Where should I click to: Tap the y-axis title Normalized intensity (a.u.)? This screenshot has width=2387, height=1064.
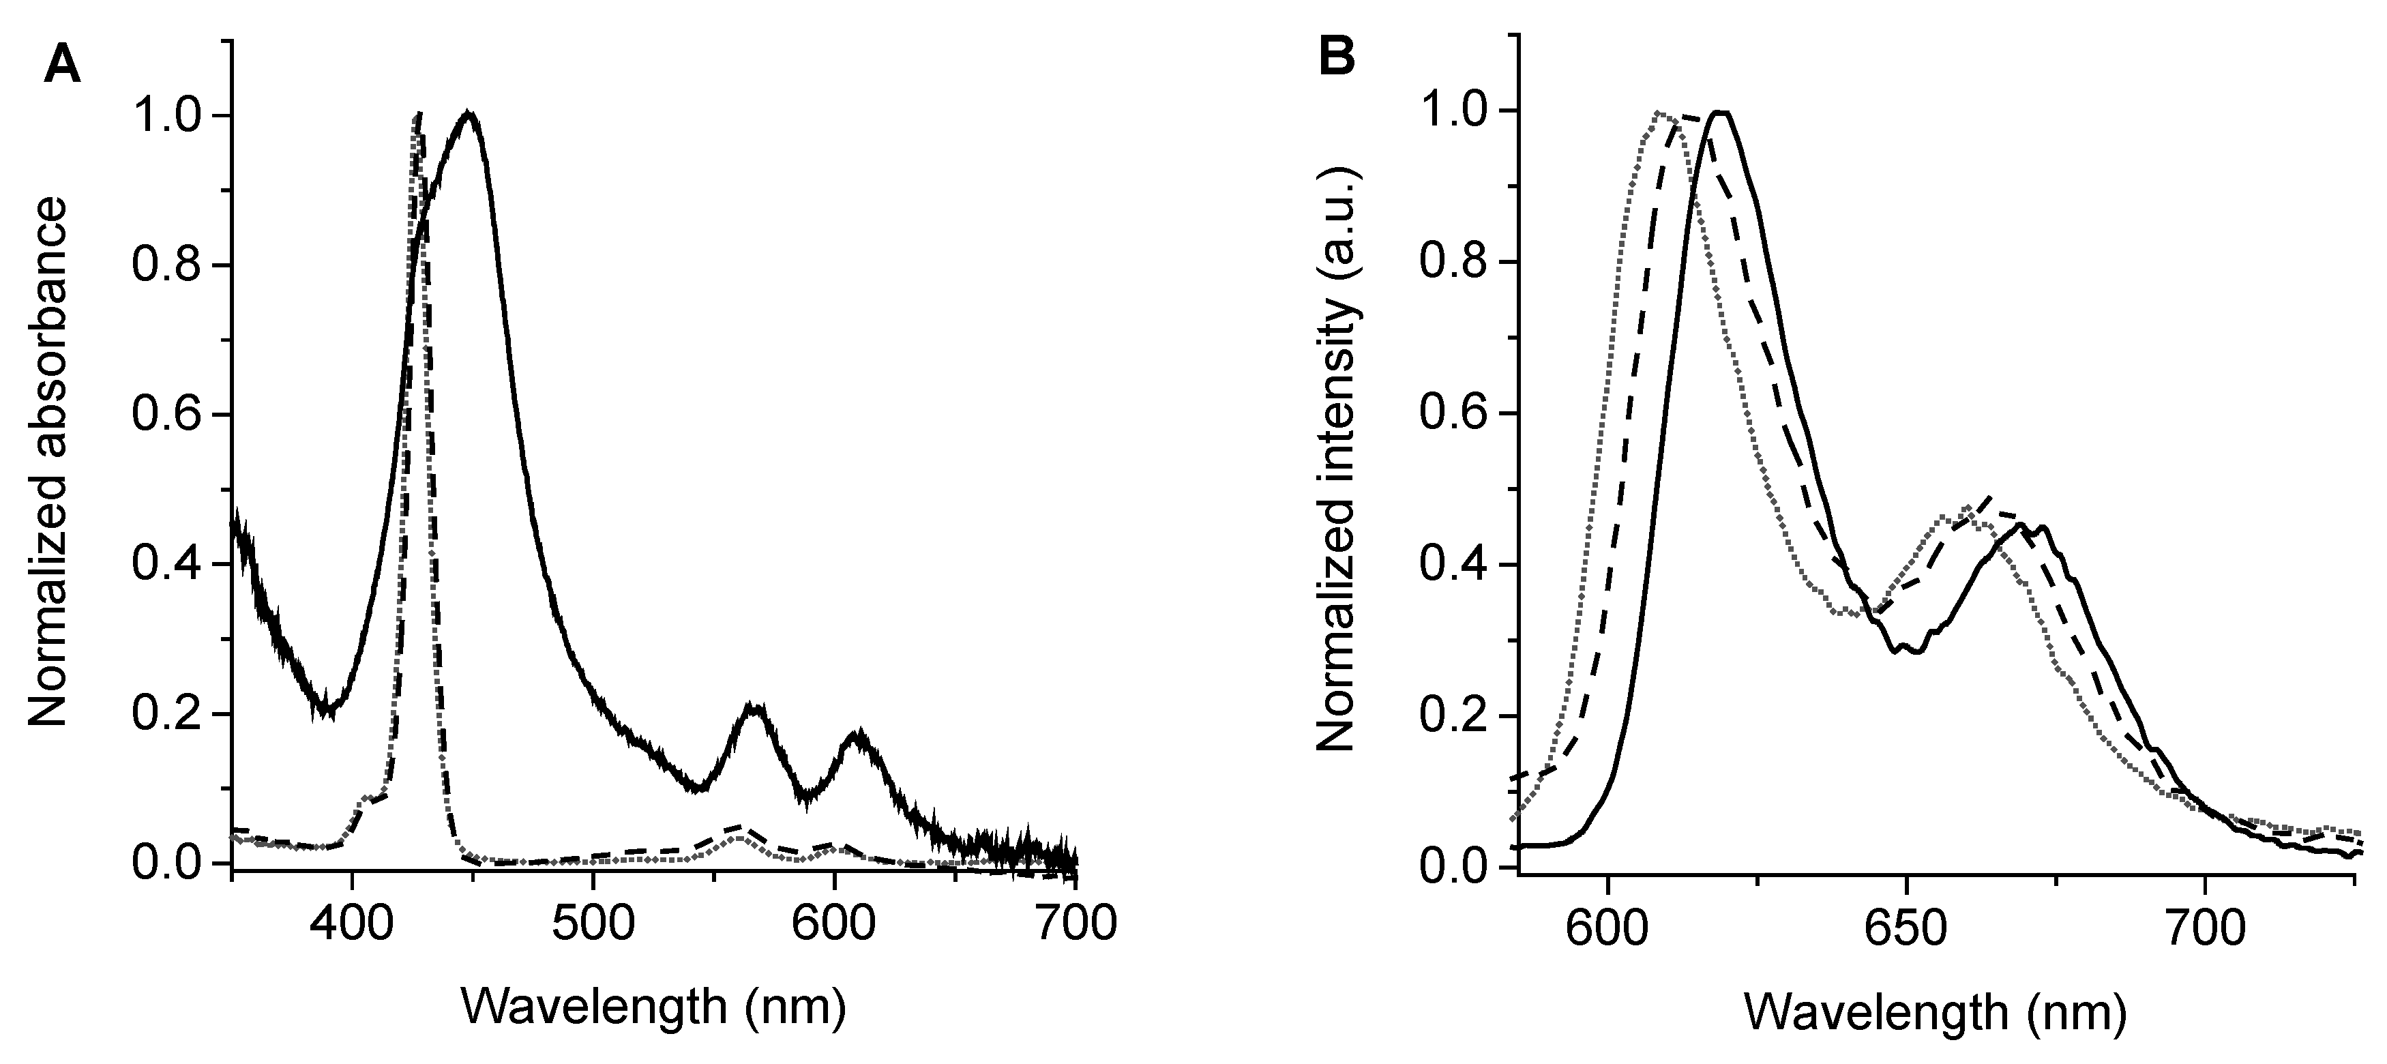tap(1336, 460)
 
